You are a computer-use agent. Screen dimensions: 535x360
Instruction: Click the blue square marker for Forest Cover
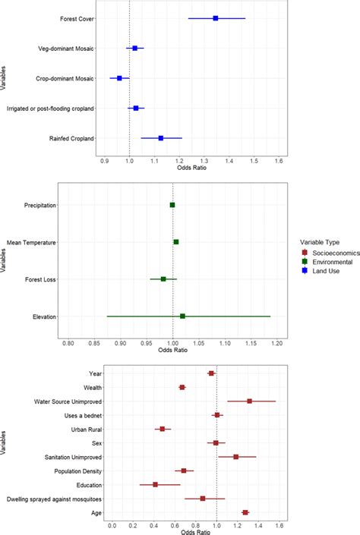pos(216,17)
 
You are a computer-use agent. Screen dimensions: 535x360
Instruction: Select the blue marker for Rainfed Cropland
pos(161,138)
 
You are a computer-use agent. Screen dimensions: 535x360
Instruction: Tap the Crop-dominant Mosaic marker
pos(119,78)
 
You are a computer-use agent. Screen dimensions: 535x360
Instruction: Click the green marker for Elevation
pos(182,316)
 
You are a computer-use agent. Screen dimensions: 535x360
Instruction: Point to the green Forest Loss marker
pos(163,279)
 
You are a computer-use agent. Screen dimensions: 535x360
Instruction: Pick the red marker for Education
pos(155,484)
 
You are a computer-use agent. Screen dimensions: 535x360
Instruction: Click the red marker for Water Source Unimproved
pos(249,401)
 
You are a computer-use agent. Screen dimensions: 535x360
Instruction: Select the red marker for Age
pos(245,513)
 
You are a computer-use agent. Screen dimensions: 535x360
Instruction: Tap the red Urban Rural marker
pos(163,429)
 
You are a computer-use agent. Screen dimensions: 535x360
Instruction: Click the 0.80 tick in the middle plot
pos(68,343)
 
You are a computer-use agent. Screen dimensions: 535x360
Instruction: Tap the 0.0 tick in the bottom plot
pos(112,525)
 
